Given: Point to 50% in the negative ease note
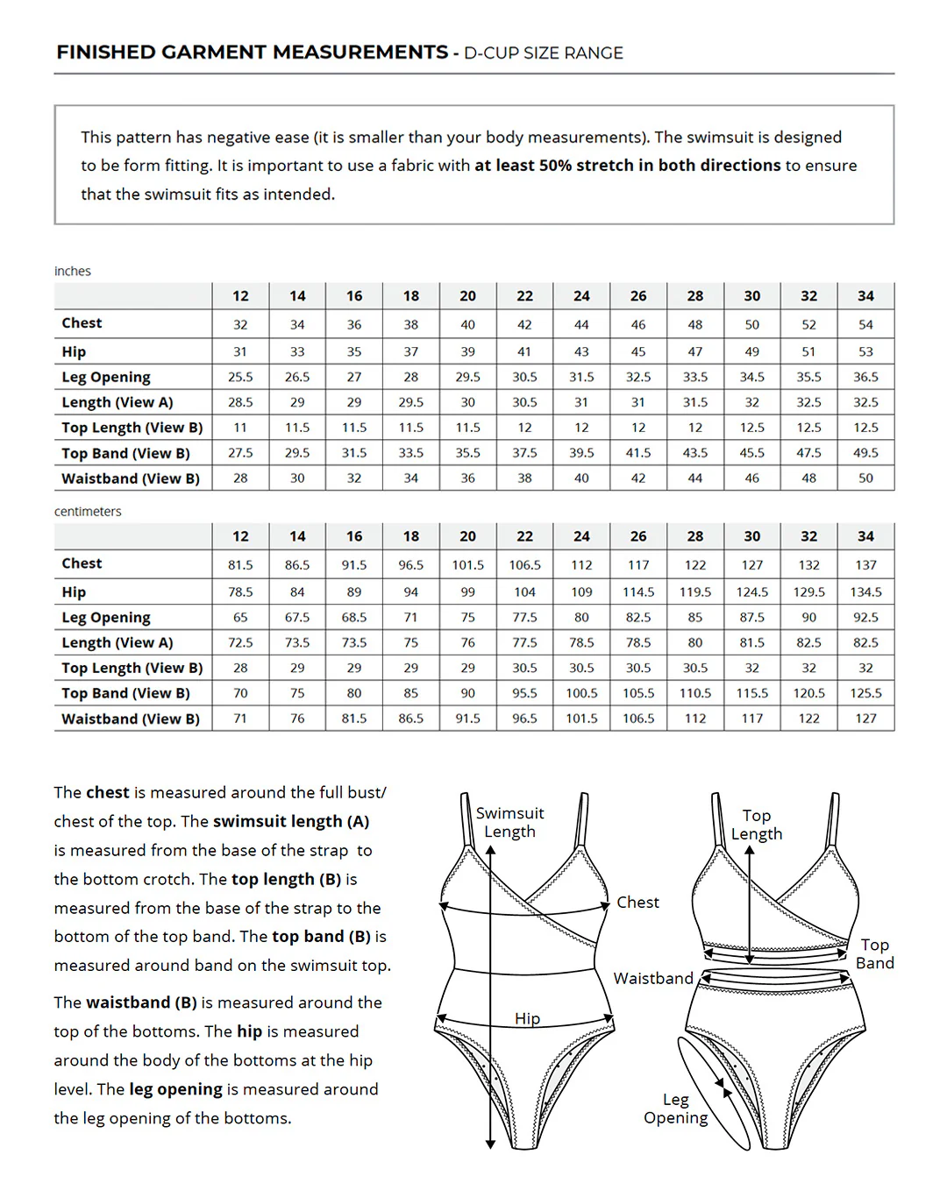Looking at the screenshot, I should point(554,166).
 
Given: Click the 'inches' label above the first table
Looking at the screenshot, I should point(73,272).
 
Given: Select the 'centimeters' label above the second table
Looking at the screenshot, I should point(88,512).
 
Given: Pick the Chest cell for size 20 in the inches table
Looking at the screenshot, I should point(468,324).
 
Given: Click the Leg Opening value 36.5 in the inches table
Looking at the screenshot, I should point(865,377).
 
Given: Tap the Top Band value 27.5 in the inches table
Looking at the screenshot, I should point(240,453).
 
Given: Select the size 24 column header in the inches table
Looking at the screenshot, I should point(581,296).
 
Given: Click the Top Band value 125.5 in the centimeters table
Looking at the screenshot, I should point(865,693).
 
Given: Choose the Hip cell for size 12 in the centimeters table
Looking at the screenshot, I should point(240,592).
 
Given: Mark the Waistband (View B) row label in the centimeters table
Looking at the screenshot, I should point(131,719).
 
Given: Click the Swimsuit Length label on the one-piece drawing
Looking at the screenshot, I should point(509,823).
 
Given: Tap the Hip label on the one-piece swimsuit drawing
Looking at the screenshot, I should point(527,1018).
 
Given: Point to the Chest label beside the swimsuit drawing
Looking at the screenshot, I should point(637,903).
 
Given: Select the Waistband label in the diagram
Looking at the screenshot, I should point(653,979).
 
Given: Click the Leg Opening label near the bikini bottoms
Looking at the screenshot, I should point(675,1109).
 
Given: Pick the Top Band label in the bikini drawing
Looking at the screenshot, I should point(874,954).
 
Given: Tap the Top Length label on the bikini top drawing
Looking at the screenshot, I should point(757,825).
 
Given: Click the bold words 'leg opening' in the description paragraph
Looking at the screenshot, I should point(175,1089).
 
